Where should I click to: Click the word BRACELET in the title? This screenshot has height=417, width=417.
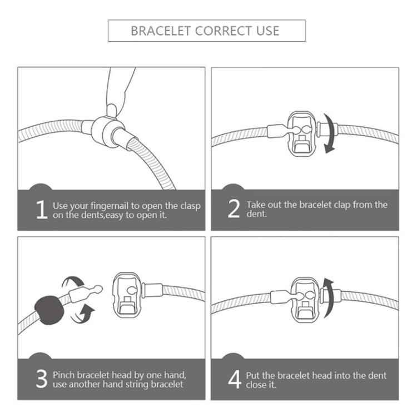point(160,31)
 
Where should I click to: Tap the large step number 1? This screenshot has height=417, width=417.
point(42,210)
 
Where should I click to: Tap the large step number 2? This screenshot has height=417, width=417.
point(234,209)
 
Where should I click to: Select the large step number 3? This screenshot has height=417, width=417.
point(42,379)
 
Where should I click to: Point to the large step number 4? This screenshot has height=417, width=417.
point(235,379)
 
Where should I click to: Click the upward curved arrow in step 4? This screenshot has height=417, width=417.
point(330,297)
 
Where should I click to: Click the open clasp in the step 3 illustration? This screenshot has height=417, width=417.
point(126,295)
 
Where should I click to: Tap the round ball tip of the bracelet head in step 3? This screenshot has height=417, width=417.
point(98,288)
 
